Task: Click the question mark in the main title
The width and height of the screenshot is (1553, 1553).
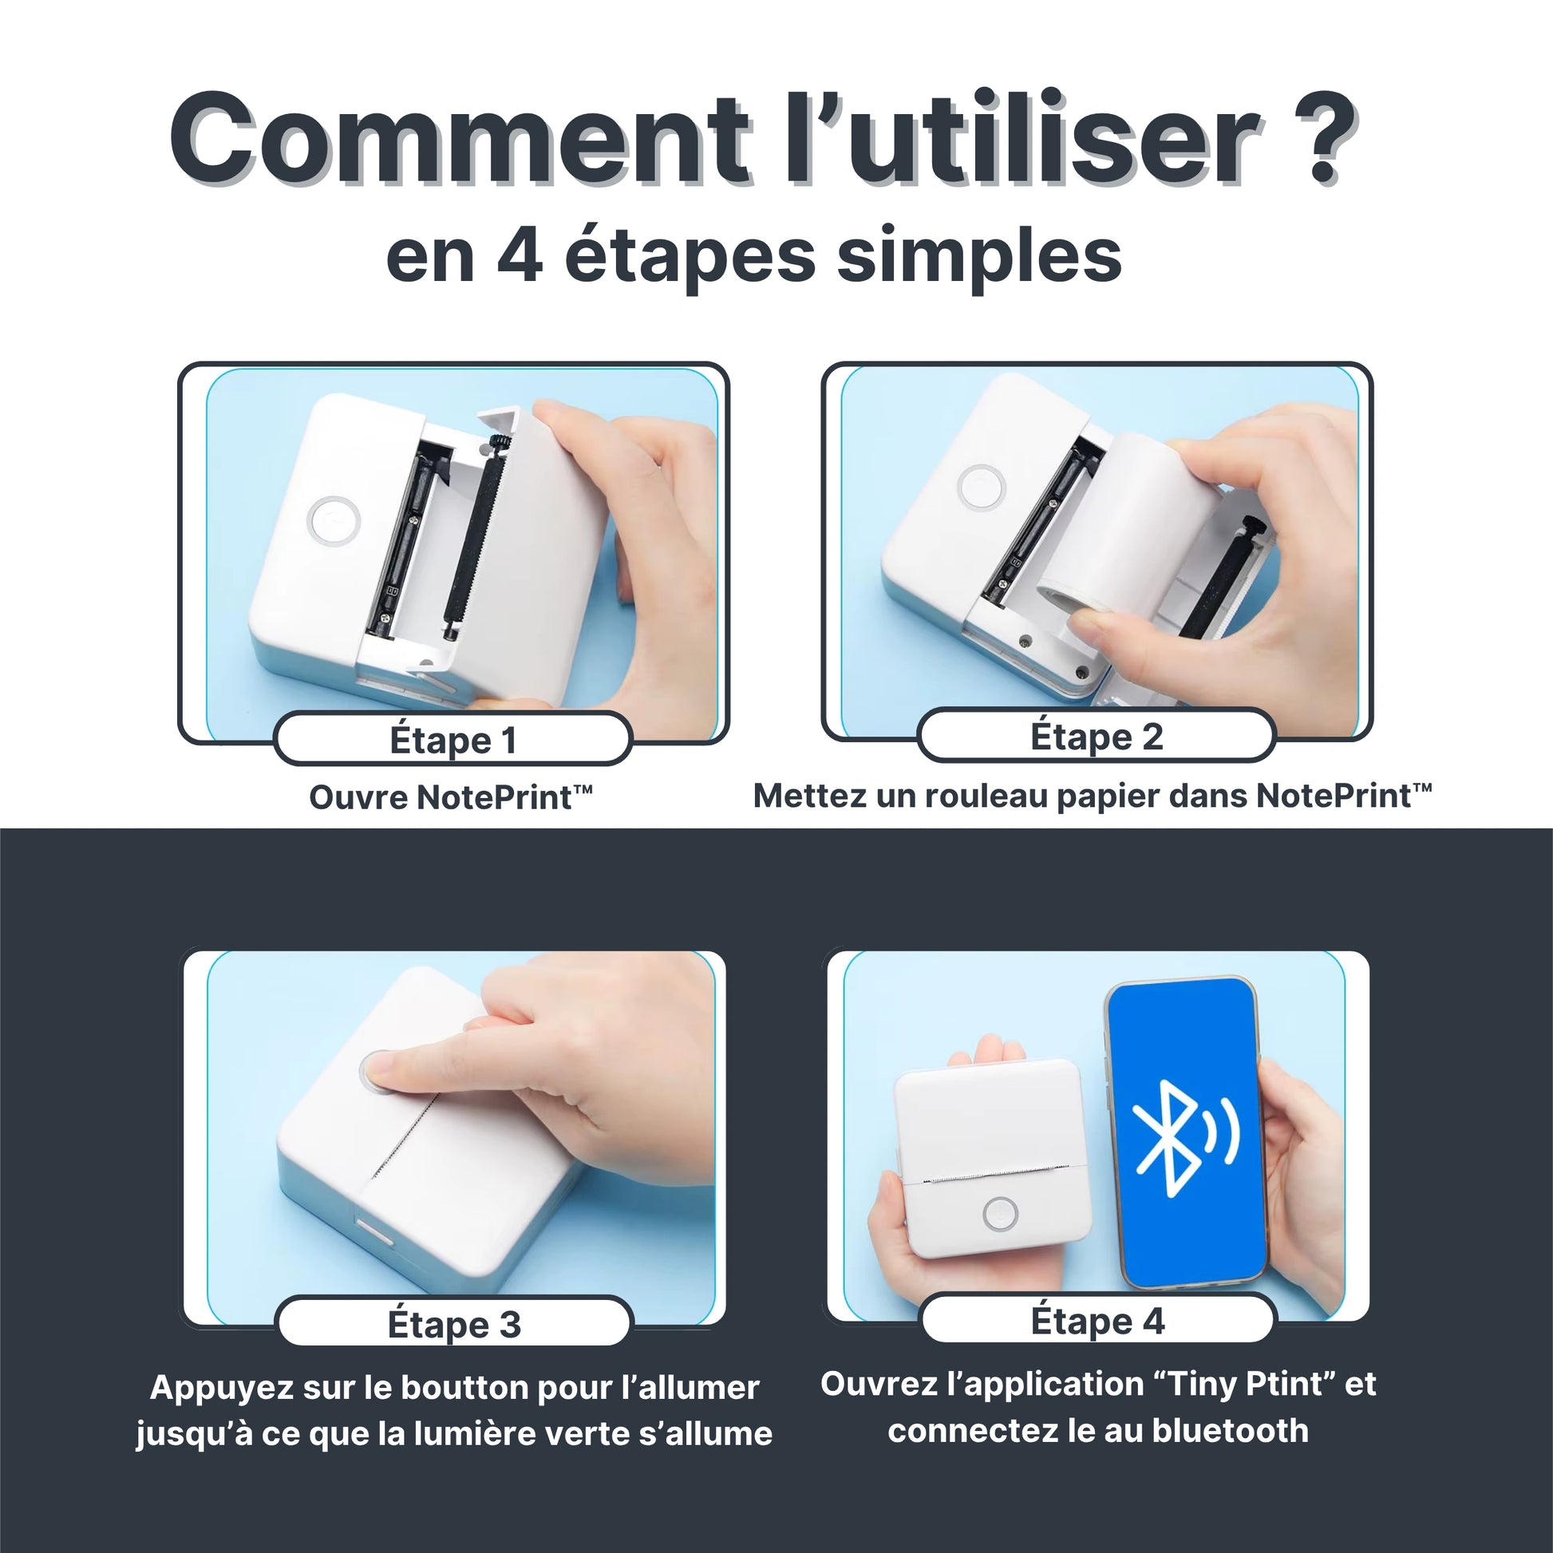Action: pos(1318,138)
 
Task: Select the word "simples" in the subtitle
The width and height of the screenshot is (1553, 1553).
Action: pos(980,258)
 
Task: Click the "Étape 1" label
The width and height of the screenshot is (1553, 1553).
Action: pos(453,741)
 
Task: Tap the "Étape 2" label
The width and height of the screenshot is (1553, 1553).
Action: pos(1097,737)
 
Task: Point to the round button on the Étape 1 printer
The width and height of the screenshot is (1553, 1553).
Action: pos(333,522)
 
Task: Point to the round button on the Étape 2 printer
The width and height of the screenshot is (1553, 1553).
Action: pos(982,487)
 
